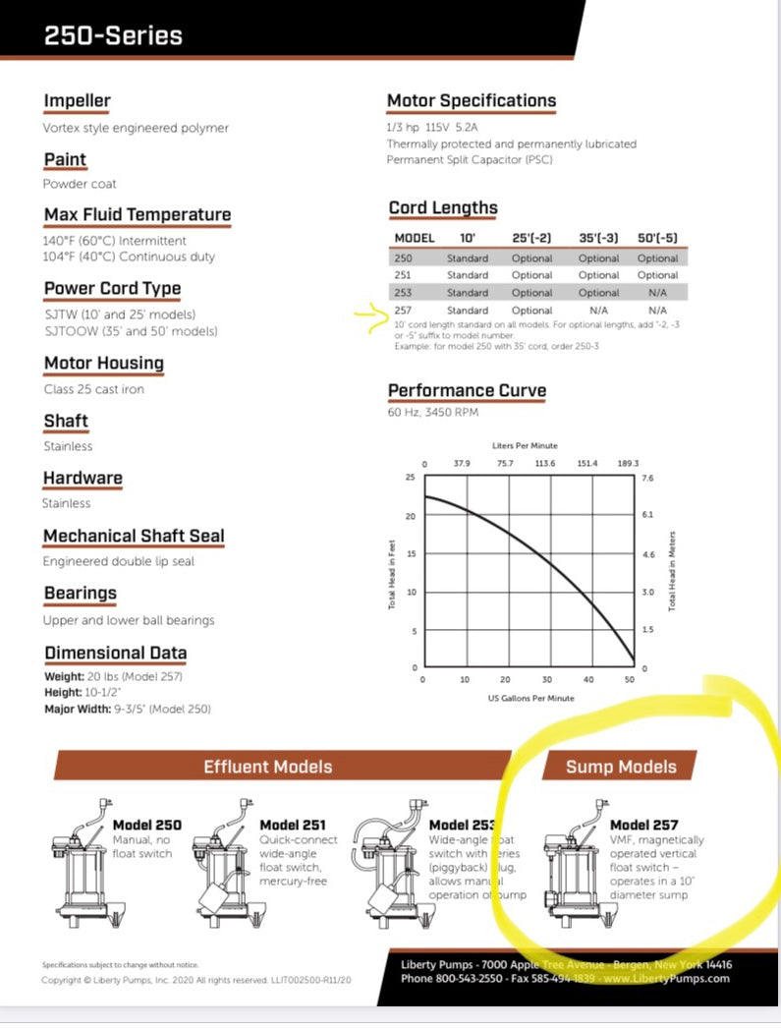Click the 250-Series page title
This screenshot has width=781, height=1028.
coord(113,36)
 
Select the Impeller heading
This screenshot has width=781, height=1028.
coord(77,100)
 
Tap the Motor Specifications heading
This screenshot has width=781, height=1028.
coord(472,100)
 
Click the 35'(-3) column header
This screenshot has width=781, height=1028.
coord(598,238)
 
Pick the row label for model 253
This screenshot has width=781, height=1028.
coord(402,293)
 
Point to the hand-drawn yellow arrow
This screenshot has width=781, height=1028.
coord(371,315)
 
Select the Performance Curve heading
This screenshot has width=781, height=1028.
coord(467,390)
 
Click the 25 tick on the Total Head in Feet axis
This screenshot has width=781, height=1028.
coord(411,477)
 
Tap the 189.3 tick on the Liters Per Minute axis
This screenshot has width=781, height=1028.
coord(628,464)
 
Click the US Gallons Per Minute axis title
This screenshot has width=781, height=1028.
coord(530,698)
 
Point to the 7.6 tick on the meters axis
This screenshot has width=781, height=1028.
coord(647,478)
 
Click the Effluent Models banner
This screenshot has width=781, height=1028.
coord(267,767)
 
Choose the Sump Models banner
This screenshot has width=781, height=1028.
coord(621,767)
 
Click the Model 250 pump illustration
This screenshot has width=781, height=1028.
coord(78,865)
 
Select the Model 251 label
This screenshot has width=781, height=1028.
coord(292,825)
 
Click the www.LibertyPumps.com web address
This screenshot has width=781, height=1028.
coord(668,978)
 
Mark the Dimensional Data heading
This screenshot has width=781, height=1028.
coord(115,653)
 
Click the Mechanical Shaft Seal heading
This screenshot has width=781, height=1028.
coord(134,536)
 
